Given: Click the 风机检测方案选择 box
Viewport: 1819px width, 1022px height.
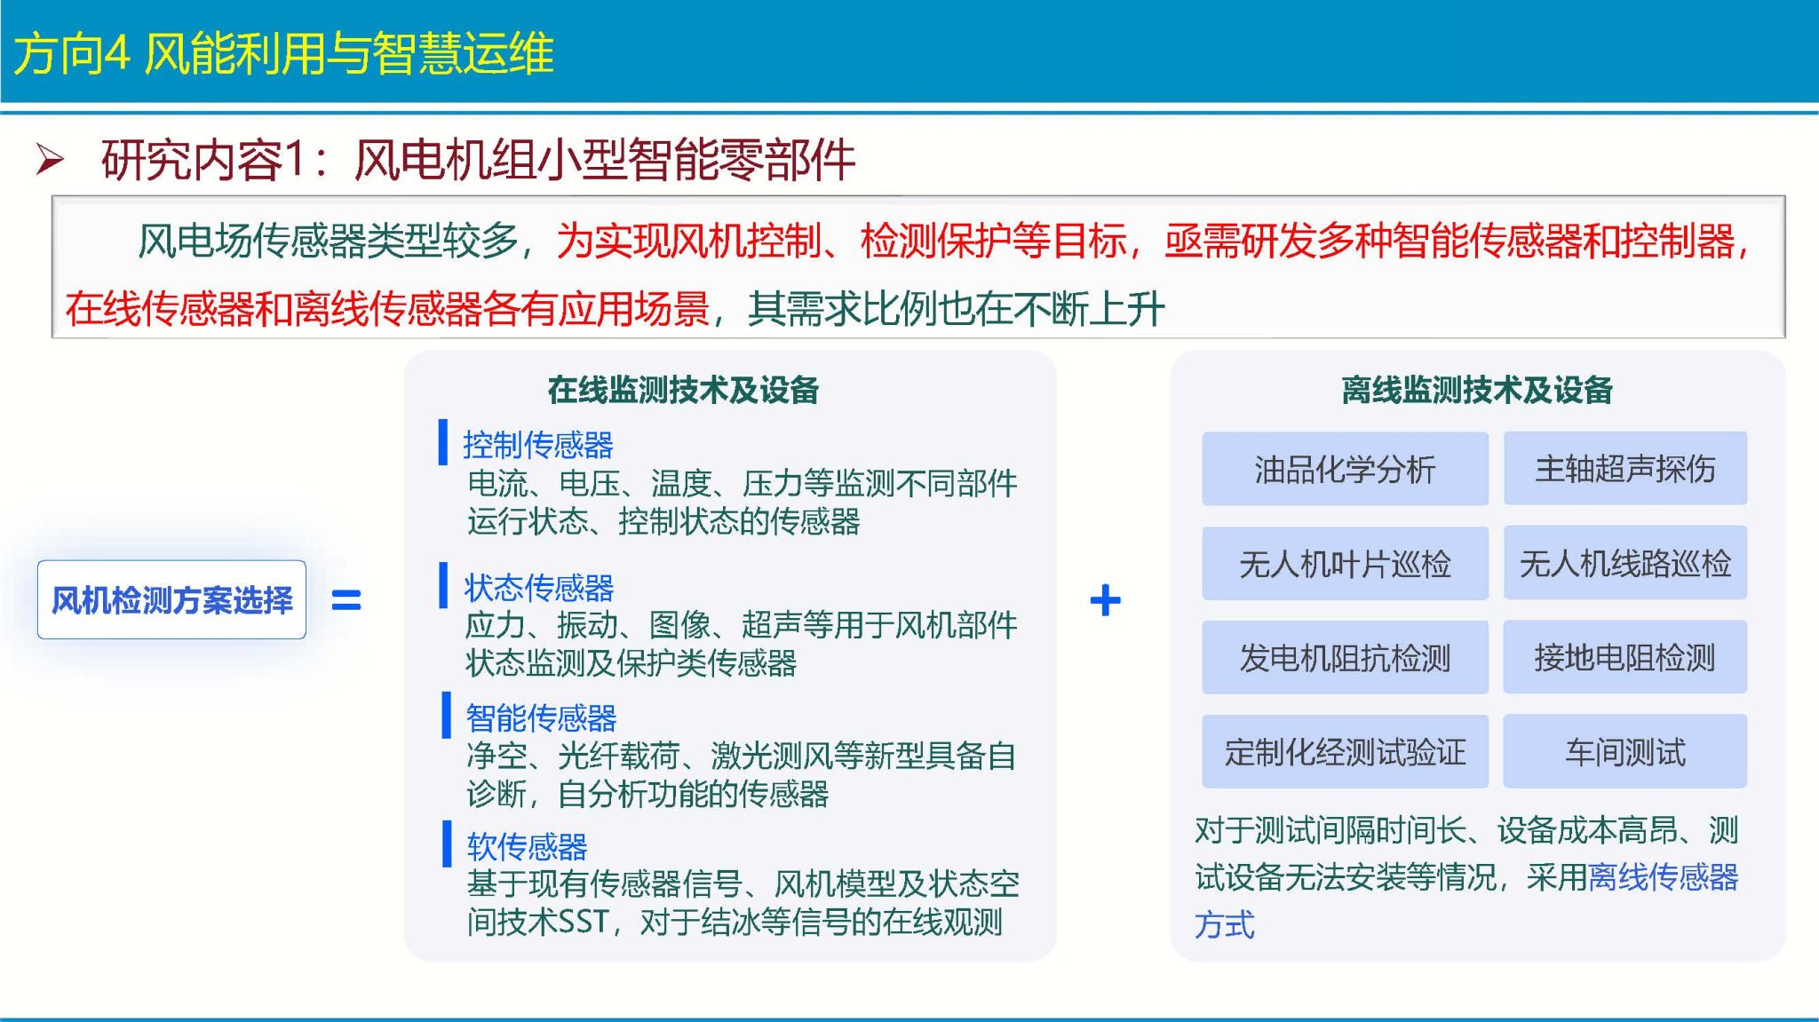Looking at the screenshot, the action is click(171, 599).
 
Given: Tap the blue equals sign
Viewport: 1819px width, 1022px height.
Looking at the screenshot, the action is click(346, 601).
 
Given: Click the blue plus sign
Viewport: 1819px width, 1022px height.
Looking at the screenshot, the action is click(1105, 600).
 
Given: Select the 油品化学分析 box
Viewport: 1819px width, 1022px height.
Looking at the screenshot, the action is click(1345, 469).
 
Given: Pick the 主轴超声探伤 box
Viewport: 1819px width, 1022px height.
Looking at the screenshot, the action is click(1625, 469).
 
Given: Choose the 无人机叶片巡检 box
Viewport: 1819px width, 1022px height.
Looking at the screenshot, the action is click(1345, 564).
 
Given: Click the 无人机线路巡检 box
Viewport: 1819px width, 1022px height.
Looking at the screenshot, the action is click(1625, 563).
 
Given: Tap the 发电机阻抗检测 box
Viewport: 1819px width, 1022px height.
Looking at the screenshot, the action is click(1345, 658).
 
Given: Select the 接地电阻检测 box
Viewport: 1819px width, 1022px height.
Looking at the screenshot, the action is click(1625, 657).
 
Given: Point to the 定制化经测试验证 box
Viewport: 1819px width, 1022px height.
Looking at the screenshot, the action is click(1345, 752).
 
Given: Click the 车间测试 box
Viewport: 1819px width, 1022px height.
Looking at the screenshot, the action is click(1625, 752).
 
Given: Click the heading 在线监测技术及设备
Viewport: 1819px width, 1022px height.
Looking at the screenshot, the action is click(683, 390).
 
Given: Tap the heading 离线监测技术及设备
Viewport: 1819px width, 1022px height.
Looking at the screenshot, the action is click(1477, 390).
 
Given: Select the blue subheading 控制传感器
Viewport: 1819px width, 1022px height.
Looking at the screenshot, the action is click(538, 445).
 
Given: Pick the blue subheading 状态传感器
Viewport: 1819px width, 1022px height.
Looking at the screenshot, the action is click(539, 588).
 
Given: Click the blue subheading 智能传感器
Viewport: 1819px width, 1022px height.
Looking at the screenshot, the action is click(541, 717).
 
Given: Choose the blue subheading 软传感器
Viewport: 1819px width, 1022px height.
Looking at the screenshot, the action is click(527, 847).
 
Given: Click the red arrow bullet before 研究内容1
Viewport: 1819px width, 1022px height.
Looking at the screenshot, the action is click(50, 160).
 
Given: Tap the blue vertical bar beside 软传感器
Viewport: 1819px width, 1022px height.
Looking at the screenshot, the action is click(447, 844).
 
